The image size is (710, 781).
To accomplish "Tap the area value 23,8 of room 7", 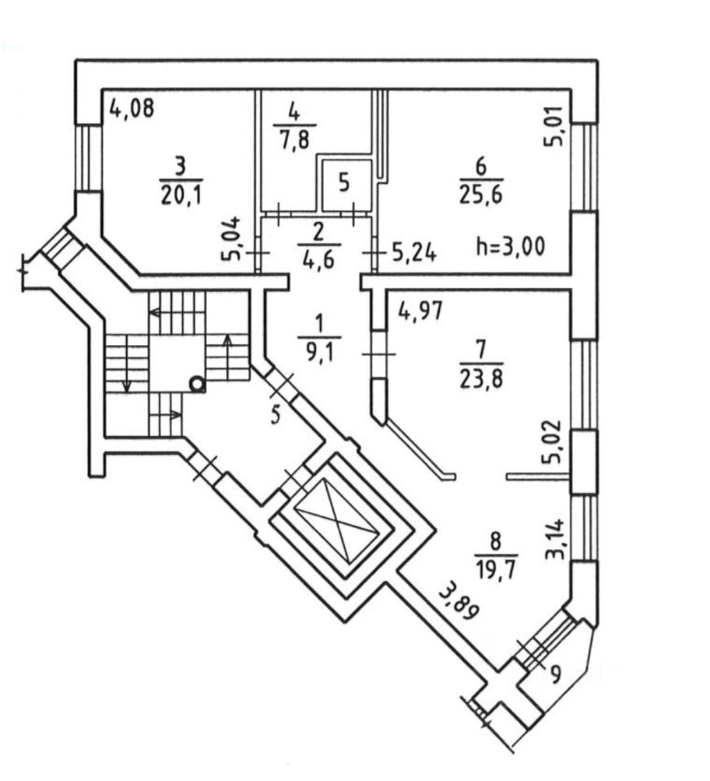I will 481,377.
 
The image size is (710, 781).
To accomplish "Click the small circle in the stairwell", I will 196,382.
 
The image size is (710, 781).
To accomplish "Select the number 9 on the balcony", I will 555,674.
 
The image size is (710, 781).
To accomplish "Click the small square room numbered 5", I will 344,183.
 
